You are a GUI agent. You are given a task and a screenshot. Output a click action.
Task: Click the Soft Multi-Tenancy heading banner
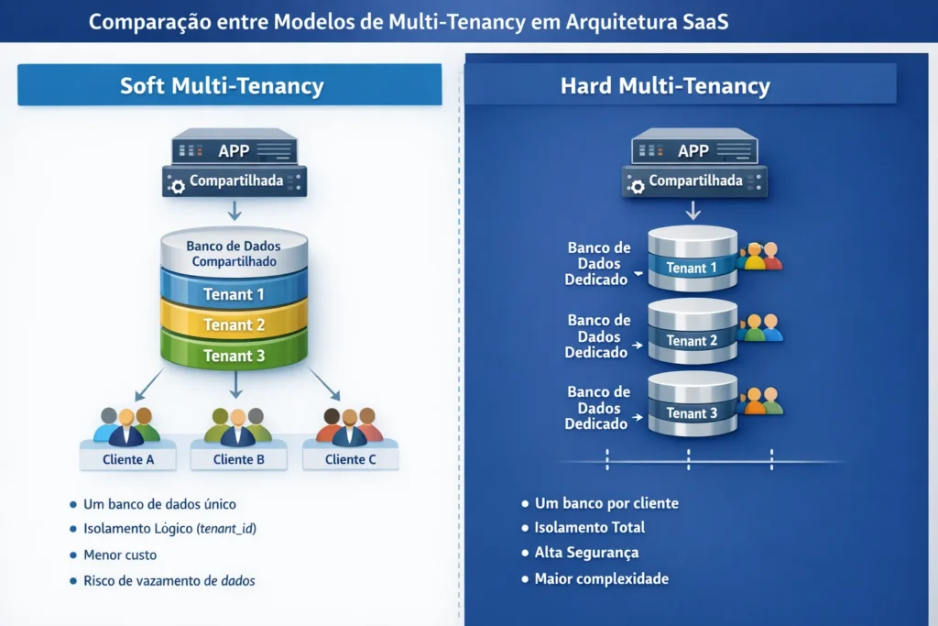click(x=223, y=86)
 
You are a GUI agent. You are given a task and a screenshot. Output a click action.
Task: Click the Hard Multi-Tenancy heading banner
click(x=665, y=86)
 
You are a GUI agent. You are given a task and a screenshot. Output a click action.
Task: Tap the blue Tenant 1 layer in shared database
click(x=234, y=294)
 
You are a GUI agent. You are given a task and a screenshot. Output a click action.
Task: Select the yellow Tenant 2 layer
click(x=234, y=325)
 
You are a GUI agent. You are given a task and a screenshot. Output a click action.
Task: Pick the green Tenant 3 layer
click(x=234, y=356)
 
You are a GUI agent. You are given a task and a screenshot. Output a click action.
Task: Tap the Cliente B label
click(x=238, y=459)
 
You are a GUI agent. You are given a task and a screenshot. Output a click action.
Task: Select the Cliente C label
click(x=350, y=459)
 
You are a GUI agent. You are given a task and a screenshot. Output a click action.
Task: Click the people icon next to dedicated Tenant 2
click(x=760, y=328)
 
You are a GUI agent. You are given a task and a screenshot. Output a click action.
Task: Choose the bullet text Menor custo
click(x=120, y=555)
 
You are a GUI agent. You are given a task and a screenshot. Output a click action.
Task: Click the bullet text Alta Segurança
click(x=586, y=553)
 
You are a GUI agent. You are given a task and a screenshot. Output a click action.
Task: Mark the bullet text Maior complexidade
click(x=601, y=578)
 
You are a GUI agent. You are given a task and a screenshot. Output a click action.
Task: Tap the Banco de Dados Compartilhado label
click(x=234, y=254)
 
